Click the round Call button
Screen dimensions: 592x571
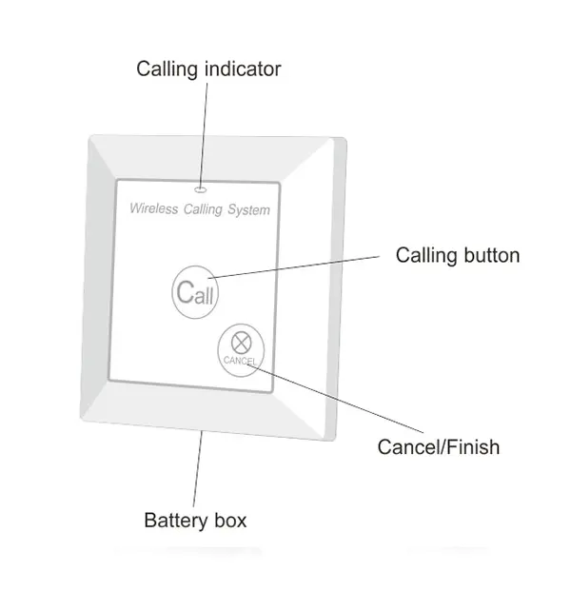coord(195,291)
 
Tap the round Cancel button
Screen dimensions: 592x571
coord(240,348)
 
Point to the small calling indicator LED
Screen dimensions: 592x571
coord(201,187)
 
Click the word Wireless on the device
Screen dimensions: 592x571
coord(152,208)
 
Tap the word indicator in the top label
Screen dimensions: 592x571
coord(243,69)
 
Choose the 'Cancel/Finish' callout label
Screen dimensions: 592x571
coord(438,446)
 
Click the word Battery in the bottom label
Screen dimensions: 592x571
coord(175,521)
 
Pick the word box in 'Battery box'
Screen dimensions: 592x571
coord(229,521)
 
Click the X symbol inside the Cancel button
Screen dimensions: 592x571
coord(240,342)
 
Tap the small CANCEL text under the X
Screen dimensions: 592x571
coord(240,361)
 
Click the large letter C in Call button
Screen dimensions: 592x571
coord(186,291)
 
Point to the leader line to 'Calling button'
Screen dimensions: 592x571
coord(305,266)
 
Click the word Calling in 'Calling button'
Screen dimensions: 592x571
coord(426,255)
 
